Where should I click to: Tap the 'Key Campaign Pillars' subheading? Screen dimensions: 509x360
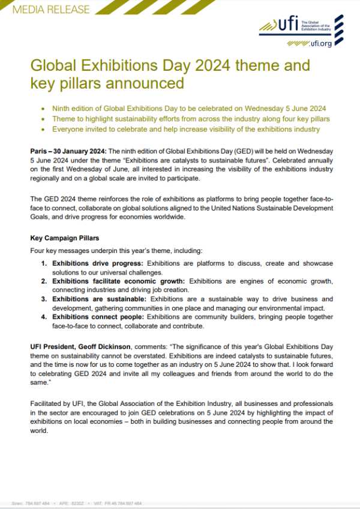point(63,237)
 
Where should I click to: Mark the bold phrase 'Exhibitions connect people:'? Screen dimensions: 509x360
point(92,317)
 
